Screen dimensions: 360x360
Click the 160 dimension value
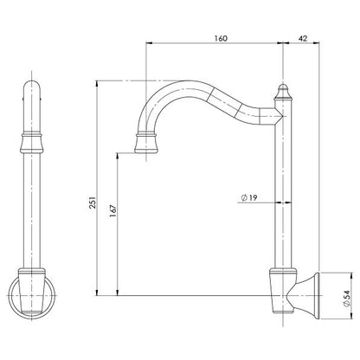221,38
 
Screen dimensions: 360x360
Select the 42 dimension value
303,38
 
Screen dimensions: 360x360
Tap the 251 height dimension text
93,202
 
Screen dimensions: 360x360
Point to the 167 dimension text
113,211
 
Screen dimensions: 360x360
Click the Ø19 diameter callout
248,198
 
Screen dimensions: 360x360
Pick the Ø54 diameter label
346,298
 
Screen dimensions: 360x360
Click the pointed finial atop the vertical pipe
283,92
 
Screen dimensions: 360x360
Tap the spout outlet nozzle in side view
147,143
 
